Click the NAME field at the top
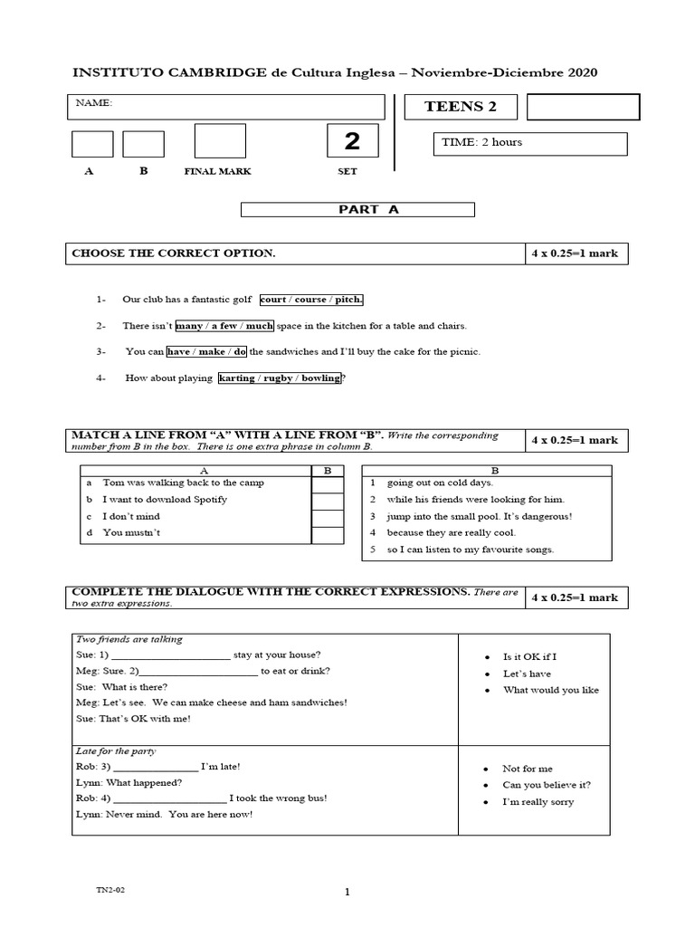click(230, 107)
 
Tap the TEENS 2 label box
click(461, 107)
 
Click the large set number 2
click(351, 141)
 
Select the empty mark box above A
click(92, 144)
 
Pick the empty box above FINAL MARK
click(220, 140)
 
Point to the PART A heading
click(357, 209)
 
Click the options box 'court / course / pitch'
click(311, 300)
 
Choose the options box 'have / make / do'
click(207, 351)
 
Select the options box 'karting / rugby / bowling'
click(280, 377)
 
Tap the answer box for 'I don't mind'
click(328, 517)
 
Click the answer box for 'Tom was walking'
click(328, 483)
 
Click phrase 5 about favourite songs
click(470, 550)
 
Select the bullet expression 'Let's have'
click(527, 674)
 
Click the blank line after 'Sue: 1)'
click(171, 655)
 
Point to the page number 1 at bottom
click(347, 893)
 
